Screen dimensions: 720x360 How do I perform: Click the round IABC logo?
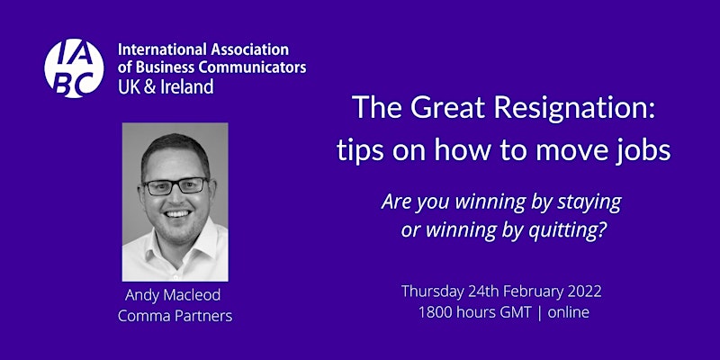[74, 68]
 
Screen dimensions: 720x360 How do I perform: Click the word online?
[569, 312]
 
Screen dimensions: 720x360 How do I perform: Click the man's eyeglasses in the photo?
[175, 185]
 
